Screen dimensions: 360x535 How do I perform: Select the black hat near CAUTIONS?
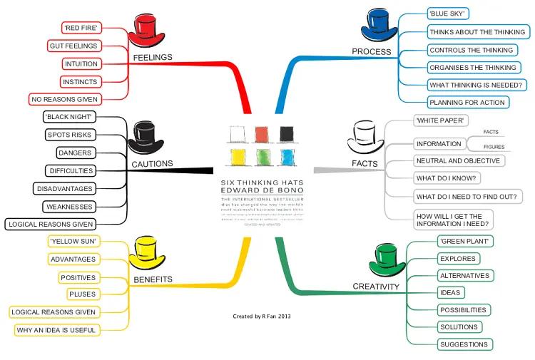(146, 136)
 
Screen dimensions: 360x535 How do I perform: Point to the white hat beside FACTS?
(366, 137)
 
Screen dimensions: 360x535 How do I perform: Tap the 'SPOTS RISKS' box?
(70, 134)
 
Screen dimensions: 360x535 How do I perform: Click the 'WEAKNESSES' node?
(69, 206)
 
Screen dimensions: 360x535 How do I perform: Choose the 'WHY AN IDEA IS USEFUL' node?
(56, 330)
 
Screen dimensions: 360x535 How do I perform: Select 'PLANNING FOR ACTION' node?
(467, 103)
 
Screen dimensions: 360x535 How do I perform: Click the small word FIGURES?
(494, 147)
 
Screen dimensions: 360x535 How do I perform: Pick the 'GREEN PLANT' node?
(464, 241)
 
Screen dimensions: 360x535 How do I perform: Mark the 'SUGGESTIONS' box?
(464, 344)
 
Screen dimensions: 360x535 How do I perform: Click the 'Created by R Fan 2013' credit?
(262, 316)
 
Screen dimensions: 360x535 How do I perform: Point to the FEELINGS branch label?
(153, 57)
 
